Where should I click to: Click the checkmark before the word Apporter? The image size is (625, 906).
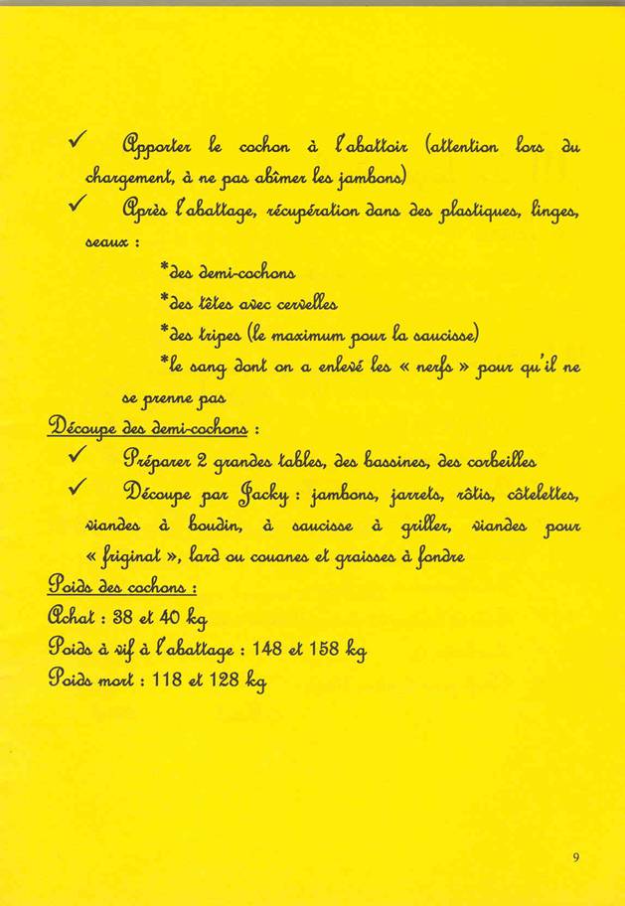click(78, 146)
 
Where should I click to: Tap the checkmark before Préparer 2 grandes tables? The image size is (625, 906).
click(77, 457)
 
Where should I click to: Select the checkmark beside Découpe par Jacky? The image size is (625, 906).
click(77, 491)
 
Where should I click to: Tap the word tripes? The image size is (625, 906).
click(204, 335)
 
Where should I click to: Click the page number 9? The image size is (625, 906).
click(575, 857)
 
